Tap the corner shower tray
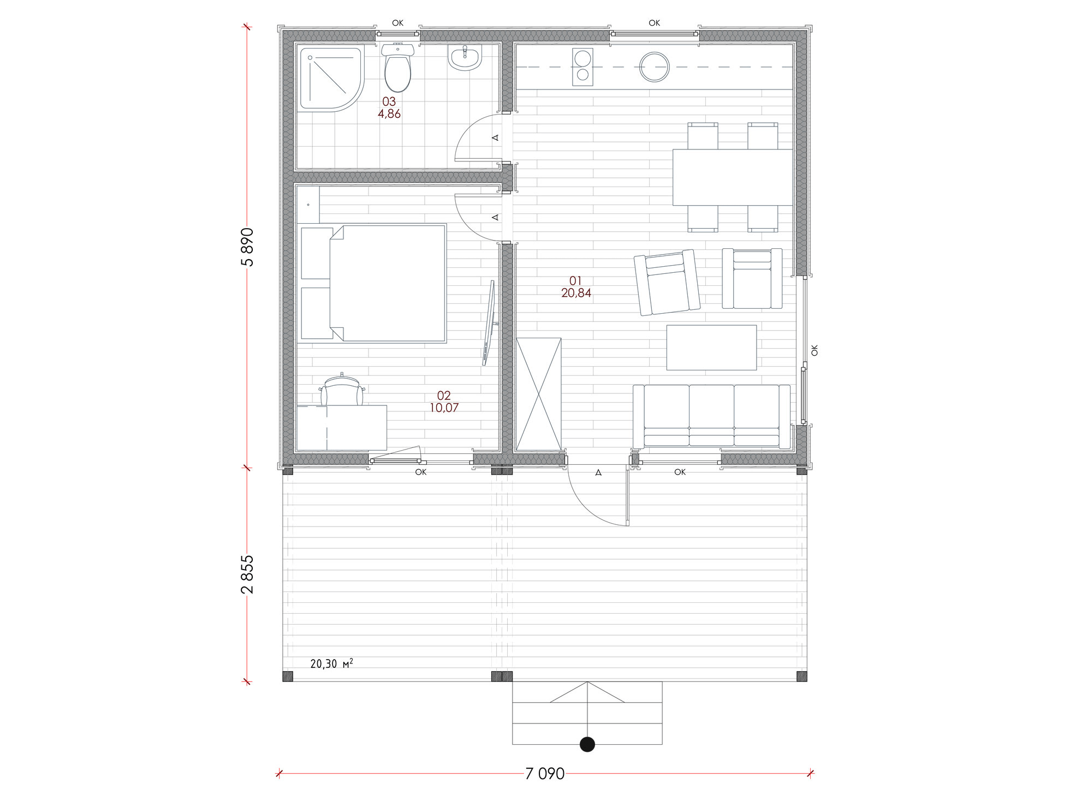tap(330, 79)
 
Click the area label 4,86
tap(389, 114)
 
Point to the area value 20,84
tap(576, 293)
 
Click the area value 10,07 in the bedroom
tap(444, 408)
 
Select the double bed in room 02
tap(373, 283)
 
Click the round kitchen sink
tap(654, 67)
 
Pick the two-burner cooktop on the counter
tap(582, 67)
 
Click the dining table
tap(733, 177)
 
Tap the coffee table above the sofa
tap(711, 348)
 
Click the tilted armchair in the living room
tap(667, 283)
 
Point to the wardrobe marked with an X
tap(538, 394)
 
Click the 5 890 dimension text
tap(247, 247)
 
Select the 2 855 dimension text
tap(247, 574)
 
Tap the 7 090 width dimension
tap(545, 774)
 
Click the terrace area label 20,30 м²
tap(331, 664)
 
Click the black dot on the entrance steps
tap(587, 744)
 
